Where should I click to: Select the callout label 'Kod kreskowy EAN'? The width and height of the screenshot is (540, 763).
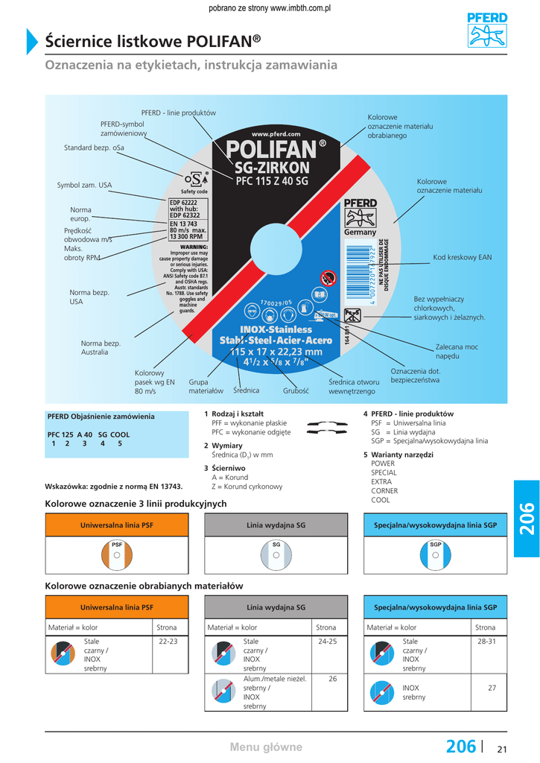[x=462, y=258]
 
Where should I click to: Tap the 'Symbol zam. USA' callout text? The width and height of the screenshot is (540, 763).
[x=84, y=186]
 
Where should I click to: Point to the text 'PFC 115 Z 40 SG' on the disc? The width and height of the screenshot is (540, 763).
[x=271, y=180]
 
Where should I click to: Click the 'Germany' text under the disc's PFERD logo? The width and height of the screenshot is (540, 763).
[x=360, y=232]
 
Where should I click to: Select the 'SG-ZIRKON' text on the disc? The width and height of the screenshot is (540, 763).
[x=271, y=167]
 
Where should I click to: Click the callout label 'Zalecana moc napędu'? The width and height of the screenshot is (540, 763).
[x=457, y=352]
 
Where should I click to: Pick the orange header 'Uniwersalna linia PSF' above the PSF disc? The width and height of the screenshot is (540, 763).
[x=117, y=525]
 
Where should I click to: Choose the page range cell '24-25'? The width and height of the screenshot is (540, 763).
[x=328, y=642]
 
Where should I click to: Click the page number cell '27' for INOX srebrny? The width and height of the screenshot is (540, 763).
[x=492, y=688]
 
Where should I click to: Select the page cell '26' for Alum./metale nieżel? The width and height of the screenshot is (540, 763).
[x=332, y=679]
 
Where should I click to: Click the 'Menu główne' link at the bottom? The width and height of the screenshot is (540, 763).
[x=266, y=747]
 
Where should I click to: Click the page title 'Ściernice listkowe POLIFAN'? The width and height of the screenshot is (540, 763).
[x=153, y=40]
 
